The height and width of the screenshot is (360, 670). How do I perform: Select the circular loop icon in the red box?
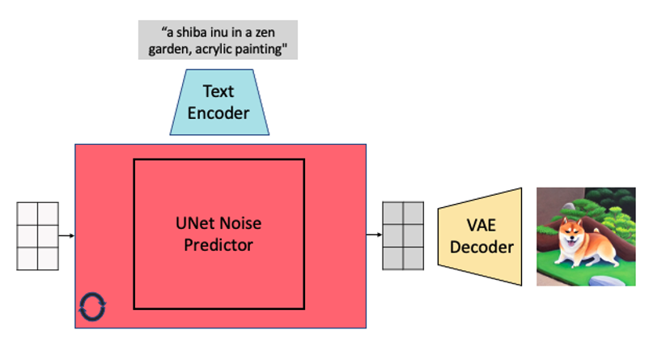pyautogui.click(x=92, y=307)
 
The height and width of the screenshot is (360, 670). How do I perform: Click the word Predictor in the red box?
pyautogui.click(x=219, y=244)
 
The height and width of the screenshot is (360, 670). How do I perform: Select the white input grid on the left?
pyautogui.click(x=38, y=235)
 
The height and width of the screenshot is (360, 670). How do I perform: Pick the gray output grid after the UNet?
pyautogui.click(x=404, y=235)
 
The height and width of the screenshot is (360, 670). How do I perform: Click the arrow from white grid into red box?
pyautogui.click(x=67, y=235)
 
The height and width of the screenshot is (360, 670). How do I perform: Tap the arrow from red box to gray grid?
pyautogui.click(x=374, y=235)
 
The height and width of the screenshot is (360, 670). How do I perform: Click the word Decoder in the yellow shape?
pyautogui.click(x=483, y=246)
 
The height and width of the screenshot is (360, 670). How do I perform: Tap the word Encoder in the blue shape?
pyautogui.click(x=219, y=112)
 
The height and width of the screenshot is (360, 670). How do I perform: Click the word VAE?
pyautogui.click(x=483, y=226)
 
